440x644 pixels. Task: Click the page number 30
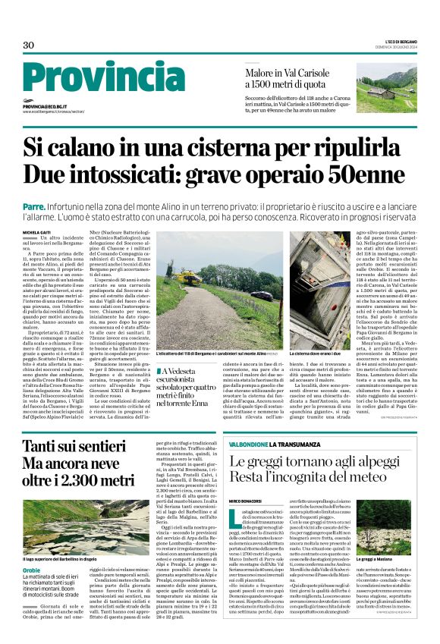[x=29, y=46]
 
